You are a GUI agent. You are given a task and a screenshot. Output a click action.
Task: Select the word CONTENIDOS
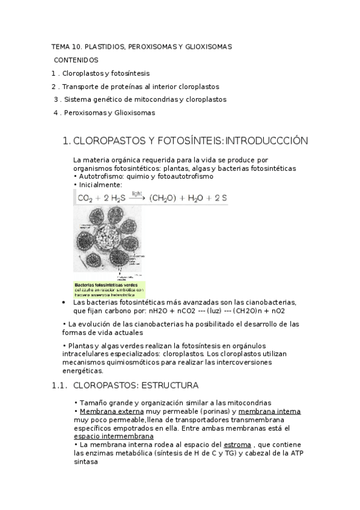tap(76, 60)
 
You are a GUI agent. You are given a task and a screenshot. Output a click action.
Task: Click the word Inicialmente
tap(100, 185)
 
